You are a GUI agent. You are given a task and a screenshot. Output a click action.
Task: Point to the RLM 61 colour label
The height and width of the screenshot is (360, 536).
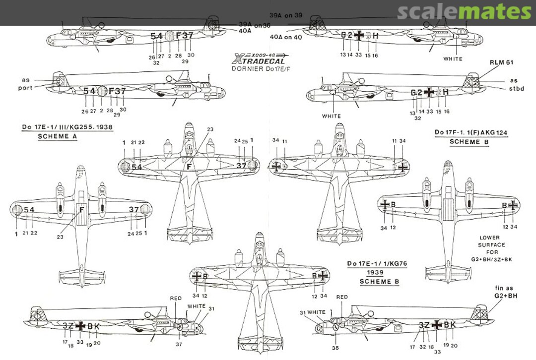coord(501,62)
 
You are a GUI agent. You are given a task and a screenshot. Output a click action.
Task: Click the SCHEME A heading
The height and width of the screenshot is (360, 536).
coord(58,136)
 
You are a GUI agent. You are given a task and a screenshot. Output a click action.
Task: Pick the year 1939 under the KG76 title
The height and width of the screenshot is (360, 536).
coord(377,273)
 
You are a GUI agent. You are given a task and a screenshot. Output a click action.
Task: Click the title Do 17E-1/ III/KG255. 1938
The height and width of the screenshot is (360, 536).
coord(67,127)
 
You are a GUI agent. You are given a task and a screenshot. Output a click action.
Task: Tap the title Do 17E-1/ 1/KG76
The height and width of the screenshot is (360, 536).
coord(377,264)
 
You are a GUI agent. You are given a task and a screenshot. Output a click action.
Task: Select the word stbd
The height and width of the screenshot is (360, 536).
coord(514,89)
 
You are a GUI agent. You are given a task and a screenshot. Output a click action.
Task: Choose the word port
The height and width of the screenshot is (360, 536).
coord(26,88)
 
